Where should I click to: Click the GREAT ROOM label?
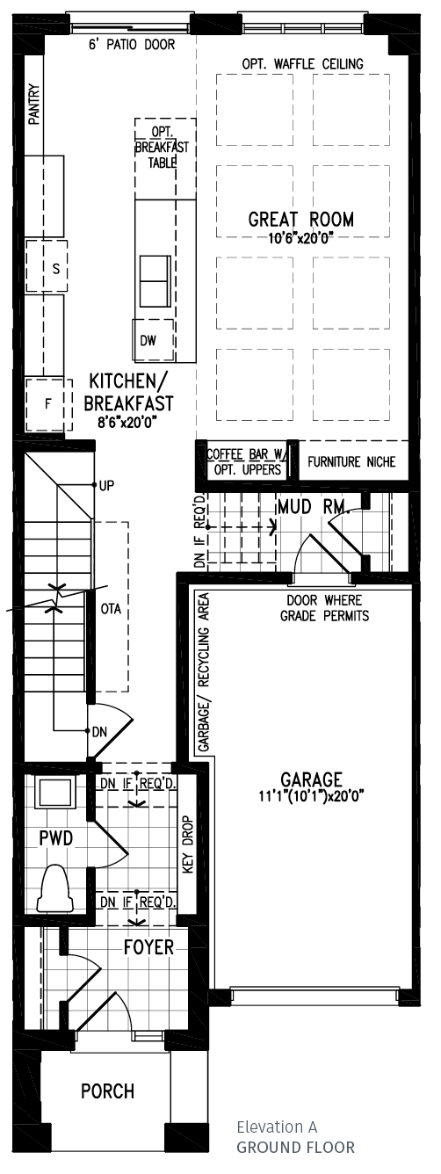(x=301, y=219)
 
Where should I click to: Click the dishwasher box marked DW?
(x=147, y=341)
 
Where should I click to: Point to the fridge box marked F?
(x=48, y=405)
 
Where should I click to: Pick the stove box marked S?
(x=54, y=270)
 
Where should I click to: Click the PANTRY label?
(x=34, y=105)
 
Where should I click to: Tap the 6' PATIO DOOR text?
(x=131, y=44)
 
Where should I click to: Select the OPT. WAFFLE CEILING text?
(x=302, y=64)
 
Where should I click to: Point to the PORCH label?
(x=108, y=1091)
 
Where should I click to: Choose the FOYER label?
(x=148, y=948)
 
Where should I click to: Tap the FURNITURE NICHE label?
(x=351, y=462)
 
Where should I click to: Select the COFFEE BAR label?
(x=246, y=455)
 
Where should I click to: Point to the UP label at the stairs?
(x=107, y=485)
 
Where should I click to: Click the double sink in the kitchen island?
(x=155, y=280)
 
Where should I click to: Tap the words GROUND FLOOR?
(x=295, y=1147)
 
